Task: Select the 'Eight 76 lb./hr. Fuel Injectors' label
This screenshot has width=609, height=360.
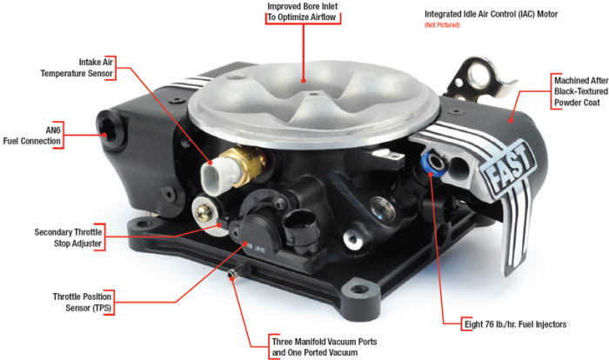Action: point(514,323)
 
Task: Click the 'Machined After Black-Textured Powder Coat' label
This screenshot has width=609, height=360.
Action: point(580,90)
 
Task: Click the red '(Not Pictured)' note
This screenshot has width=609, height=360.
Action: point(441,26)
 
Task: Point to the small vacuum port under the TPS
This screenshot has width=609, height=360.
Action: point(231,279)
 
